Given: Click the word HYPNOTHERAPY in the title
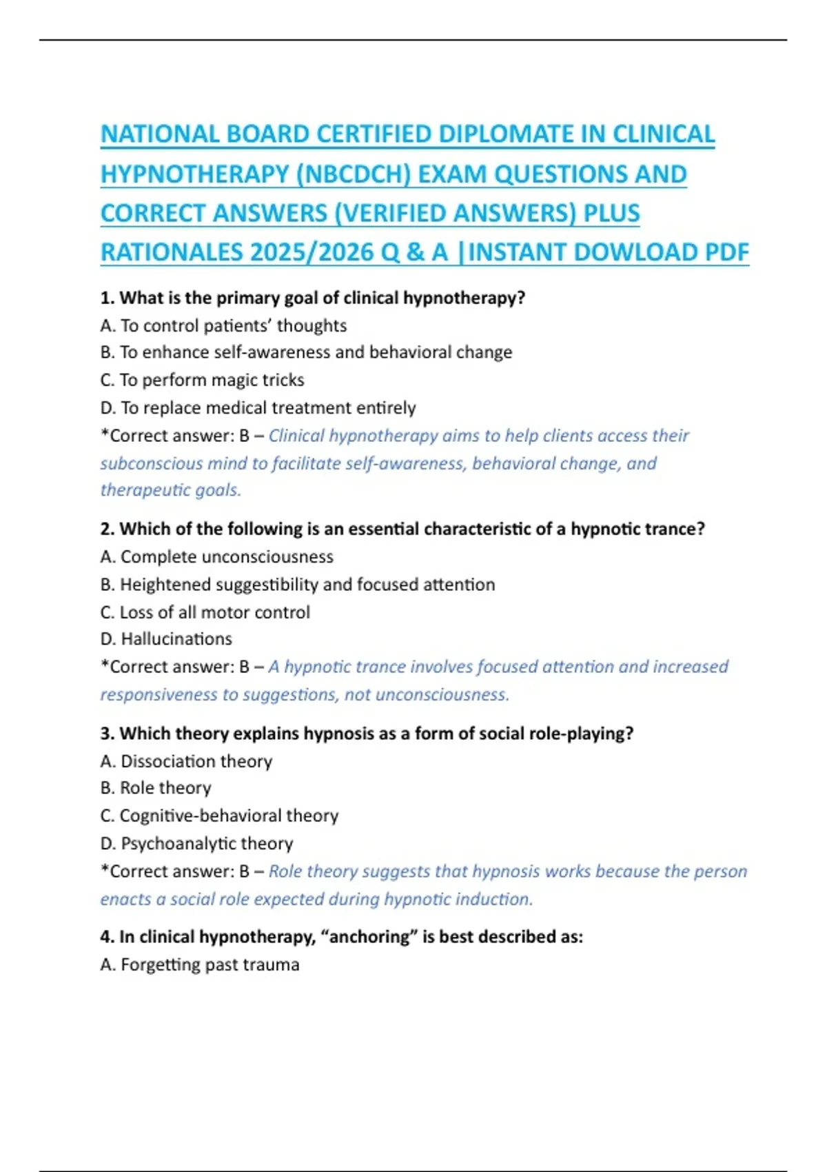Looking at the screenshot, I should click(x=194, y=174).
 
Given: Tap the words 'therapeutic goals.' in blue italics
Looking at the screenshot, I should click(x=171, y=490).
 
